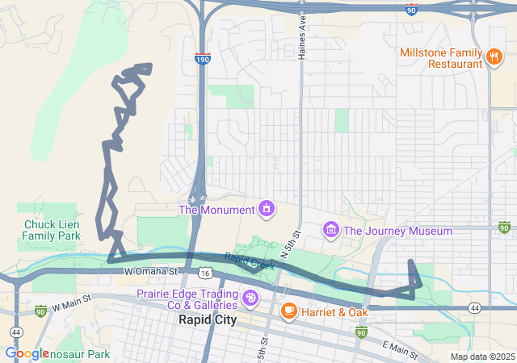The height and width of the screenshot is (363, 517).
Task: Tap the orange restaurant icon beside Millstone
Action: (493, 56)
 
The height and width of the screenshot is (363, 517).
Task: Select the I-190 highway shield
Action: (202, 59)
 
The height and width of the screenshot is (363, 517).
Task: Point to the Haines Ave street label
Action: (303, 37)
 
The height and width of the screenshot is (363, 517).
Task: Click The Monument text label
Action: (216, 211)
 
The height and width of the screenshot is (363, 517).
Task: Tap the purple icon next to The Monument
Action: (265, 211)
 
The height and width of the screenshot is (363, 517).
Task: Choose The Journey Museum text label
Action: (397, 231)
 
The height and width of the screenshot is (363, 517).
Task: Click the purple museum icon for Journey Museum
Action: (330, 231)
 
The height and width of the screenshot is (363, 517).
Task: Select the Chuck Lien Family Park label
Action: (51, 230)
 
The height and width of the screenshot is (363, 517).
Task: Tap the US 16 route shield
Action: (207, 274)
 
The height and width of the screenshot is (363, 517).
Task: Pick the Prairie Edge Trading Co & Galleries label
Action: (187, 299)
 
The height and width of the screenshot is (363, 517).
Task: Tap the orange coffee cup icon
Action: (288, 311)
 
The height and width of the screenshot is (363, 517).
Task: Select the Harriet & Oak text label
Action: (334, 311)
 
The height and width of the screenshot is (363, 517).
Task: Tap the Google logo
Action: (27, 353)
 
